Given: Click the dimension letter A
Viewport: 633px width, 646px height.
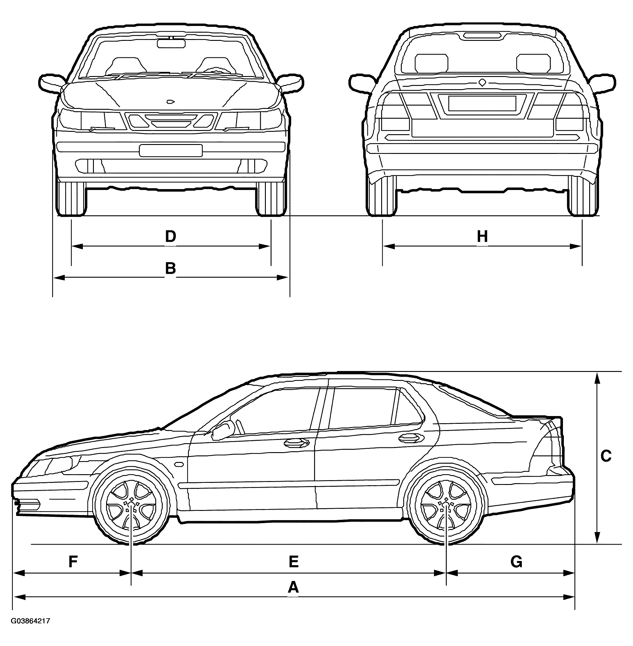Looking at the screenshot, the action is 293,588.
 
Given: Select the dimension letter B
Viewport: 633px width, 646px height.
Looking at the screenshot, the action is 170,268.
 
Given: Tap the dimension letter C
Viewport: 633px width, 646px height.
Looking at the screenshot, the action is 606,456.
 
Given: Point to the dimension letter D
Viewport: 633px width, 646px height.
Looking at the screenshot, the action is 170,237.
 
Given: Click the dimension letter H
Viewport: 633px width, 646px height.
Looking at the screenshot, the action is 482,237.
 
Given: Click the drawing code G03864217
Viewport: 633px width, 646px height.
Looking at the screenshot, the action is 31,621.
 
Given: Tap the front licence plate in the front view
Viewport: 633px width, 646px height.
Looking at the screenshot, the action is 170,150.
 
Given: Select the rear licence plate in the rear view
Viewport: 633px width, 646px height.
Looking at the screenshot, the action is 482,103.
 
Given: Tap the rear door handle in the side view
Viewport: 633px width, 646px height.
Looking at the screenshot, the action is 409,438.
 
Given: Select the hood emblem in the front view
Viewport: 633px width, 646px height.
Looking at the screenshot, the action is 171,101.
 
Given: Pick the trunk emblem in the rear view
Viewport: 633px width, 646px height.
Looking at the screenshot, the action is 482,82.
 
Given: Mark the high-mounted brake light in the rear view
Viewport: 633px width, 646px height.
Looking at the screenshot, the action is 482,35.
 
